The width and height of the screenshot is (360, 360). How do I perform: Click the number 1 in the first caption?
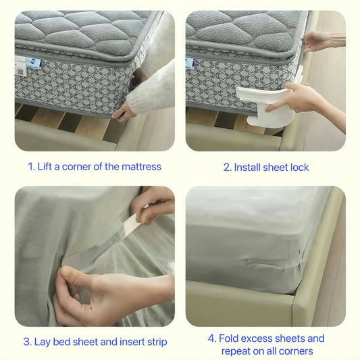pos(31,166)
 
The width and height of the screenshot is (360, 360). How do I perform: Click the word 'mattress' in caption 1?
pos(140,166)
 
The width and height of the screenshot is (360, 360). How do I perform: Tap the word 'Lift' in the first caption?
pos(47,166)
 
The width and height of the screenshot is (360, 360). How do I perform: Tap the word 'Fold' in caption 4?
pos(230,338)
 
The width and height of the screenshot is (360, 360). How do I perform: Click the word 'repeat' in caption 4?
pos(237,351)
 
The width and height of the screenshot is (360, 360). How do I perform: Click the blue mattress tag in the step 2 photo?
pos(190,63)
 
